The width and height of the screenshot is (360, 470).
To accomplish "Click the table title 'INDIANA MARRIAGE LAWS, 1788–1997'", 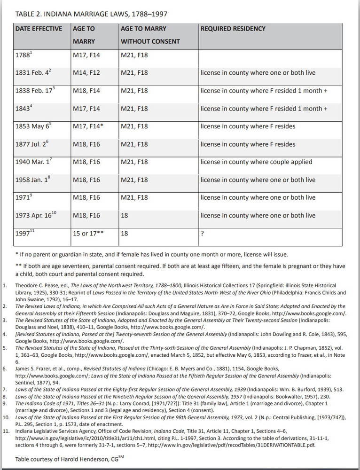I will [92, 15].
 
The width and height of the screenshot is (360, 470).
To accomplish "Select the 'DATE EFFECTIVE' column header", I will [39, 29].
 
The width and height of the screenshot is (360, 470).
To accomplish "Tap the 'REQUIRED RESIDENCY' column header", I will [233, 29].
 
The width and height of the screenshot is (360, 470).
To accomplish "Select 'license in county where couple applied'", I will [256, 162].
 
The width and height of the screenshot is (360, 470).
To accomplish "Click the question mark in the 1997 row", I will [202, 234].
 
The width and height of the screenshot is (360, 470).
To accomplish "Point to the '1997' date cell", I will [24, 234].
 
